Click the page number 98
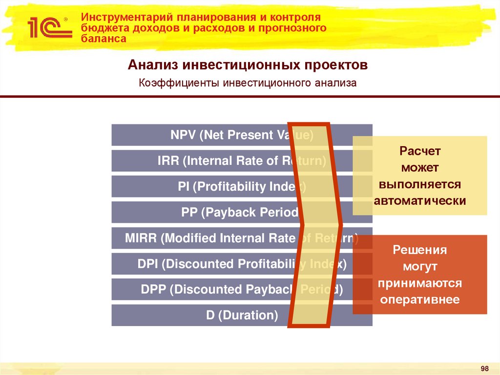pyautogui.click(x=484, y=368)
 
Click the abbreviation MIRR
pyautogui.click(x=141, y=238)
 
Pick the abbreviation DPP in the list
pyautogui.click(x=153, y=289)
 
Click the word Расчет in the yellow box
pyautogui.click(x=420, y=151)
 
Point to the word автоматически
pyautogui.click(x=420, y=201)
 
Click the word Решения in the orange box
pyautogui.click(x=420, y=250)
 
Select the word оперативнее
pyautogui.click(x=420, y=300)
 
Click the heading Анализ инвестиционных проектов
pyautogui.click(x=247, y=65)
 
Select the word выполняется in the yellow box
pyautogui.click(x=420, y=184)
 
